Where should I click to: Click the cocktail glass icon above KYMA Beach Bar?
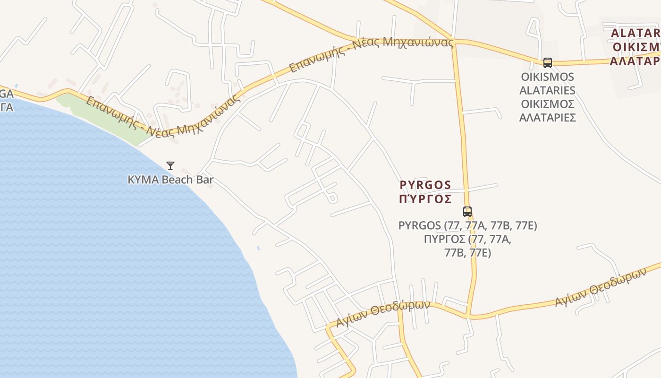tap(170, 165)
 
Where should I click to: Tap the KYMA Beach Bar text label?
tap(170, 180)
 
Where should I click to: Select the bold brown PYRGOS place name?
tap(425, 185)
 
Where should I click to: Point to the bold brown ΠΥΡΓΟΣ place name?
tap(425, 198)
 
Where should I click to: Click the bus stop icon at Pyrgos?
tap(467, 211)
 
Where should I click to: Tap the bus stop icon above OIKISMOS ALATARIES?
tap(547, 62)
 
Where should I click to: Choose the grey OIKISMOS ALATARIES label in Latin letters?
tap(547, 84)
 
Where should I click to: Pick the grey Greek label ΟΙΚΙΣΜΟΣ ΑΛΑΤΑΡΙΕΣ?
tap(547, 111)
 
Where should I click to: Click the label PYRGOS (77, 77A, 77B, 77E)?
tap(467, 226)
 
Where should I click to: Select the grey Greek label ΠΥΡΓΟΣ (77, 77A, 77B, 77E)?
tap(467, 246)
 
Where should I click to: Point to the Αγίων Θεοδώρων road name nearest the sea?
tap(382, 313)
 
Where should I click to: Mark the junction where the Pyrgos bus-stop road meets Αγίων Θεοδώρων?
tap(467, 315)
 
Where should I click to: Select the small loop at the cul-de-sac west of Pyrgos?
tap(332, 198)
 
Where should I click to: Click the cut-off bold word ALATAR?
tap(635, 34)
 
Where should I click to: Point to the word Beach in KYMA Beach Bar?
tap(177, 180)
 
